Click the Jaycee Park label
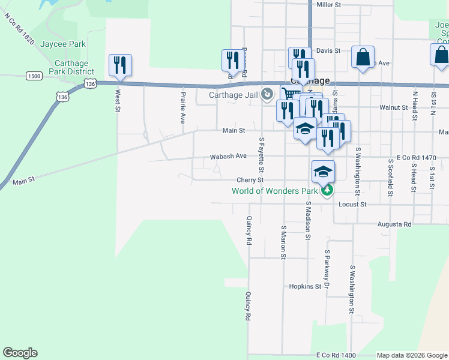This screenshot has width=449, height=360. [63, 44]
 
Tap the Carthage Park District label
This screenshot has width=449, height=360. [71, 67]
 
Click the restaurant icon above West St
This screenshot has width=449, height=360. [120, 64]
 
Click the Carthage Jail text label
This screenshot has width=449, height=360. [232, 94]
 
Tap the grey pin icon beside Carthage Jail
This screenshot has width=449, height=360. [267, 94]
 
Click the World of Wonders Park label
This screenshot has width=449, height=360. [275, 192]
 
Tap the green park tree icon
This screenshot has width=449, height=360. [327, 191]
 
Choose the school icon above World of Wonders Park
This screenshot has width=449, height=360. [323, 172]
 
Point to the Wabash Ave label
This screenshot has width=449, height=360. [228, 156]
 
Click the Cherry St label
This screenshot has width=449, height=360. [250, 180]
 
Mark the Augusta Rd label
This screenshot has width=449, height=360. [394, 224]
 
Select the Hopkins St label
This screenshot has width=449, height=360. [305, 287]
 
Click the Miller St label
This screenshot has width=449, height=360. [328, 4]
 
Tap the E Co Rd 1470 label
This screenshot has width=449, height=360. [416, 157]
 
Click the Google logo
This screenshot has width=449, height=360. [20, 353]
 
